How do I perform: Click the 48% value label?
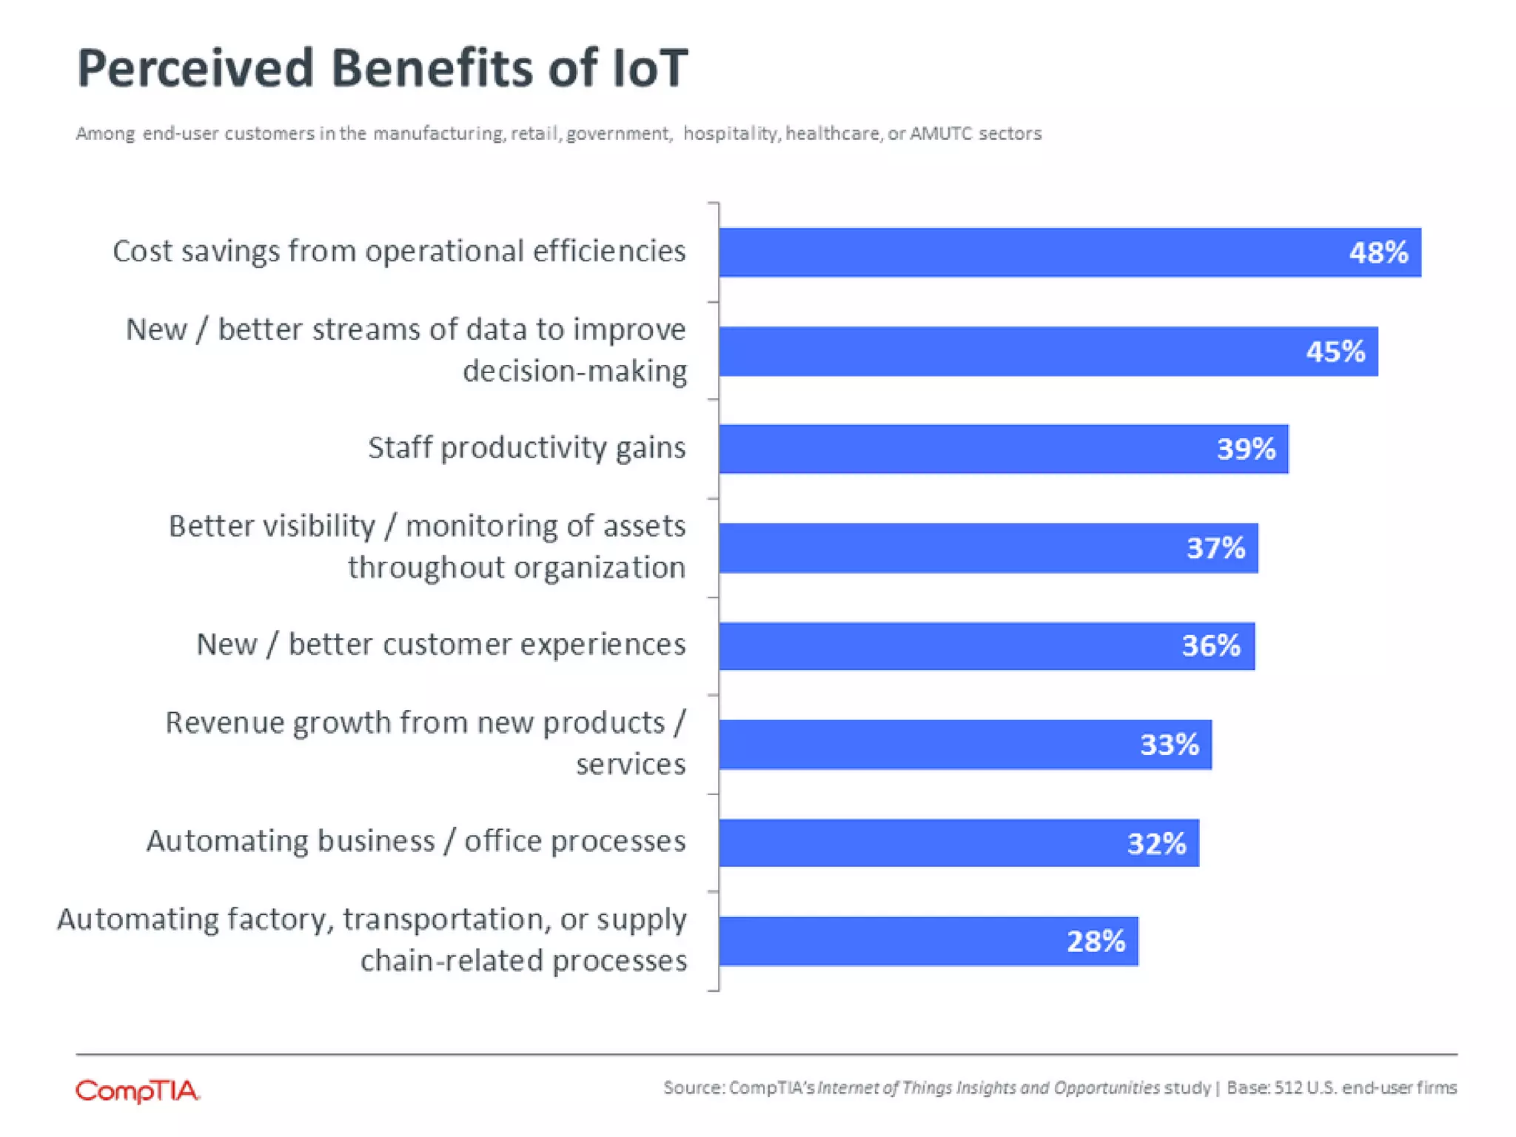click(x=1378, y=253)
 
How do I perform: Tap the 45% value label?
click(x=1335, y=352)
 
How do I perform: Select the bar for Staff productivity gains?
click(x=1003, y=449)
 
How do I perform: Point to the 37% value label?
click(x=1216, y=549)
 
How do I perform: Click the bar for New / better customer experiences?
click(x=986, y=645)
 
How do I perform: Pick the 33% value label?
click(x=1170, y=745)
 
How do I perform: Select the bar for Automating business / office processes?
click(x=959, y=842)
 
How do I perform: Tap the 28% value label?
click(x=1096, y=942)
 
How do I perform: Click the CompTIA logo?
click(x=138, y=1090)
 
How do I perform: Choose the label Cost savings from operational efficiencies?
click(x=399, y=252)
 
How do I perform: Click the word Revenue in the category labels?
click(x=225, y=722)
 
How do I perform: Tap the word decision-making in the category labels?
click(x=574, y=371)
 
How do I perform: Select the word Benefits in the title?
click(x=432, y=68)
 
